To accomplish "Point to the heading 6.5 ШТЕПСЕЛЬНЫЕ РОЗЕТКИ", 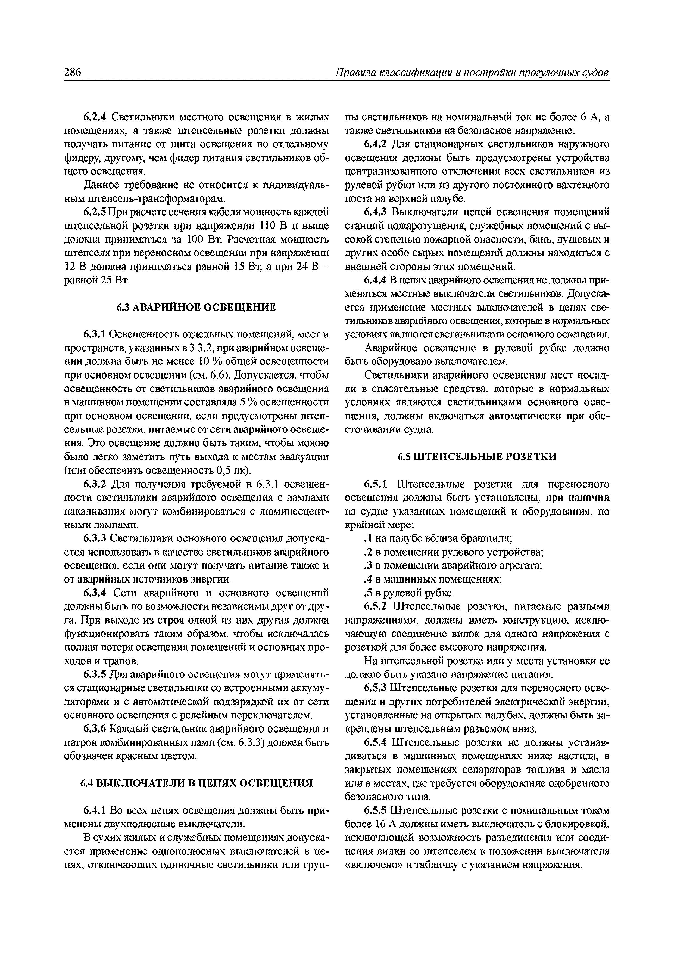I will [x=477, y=457].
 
